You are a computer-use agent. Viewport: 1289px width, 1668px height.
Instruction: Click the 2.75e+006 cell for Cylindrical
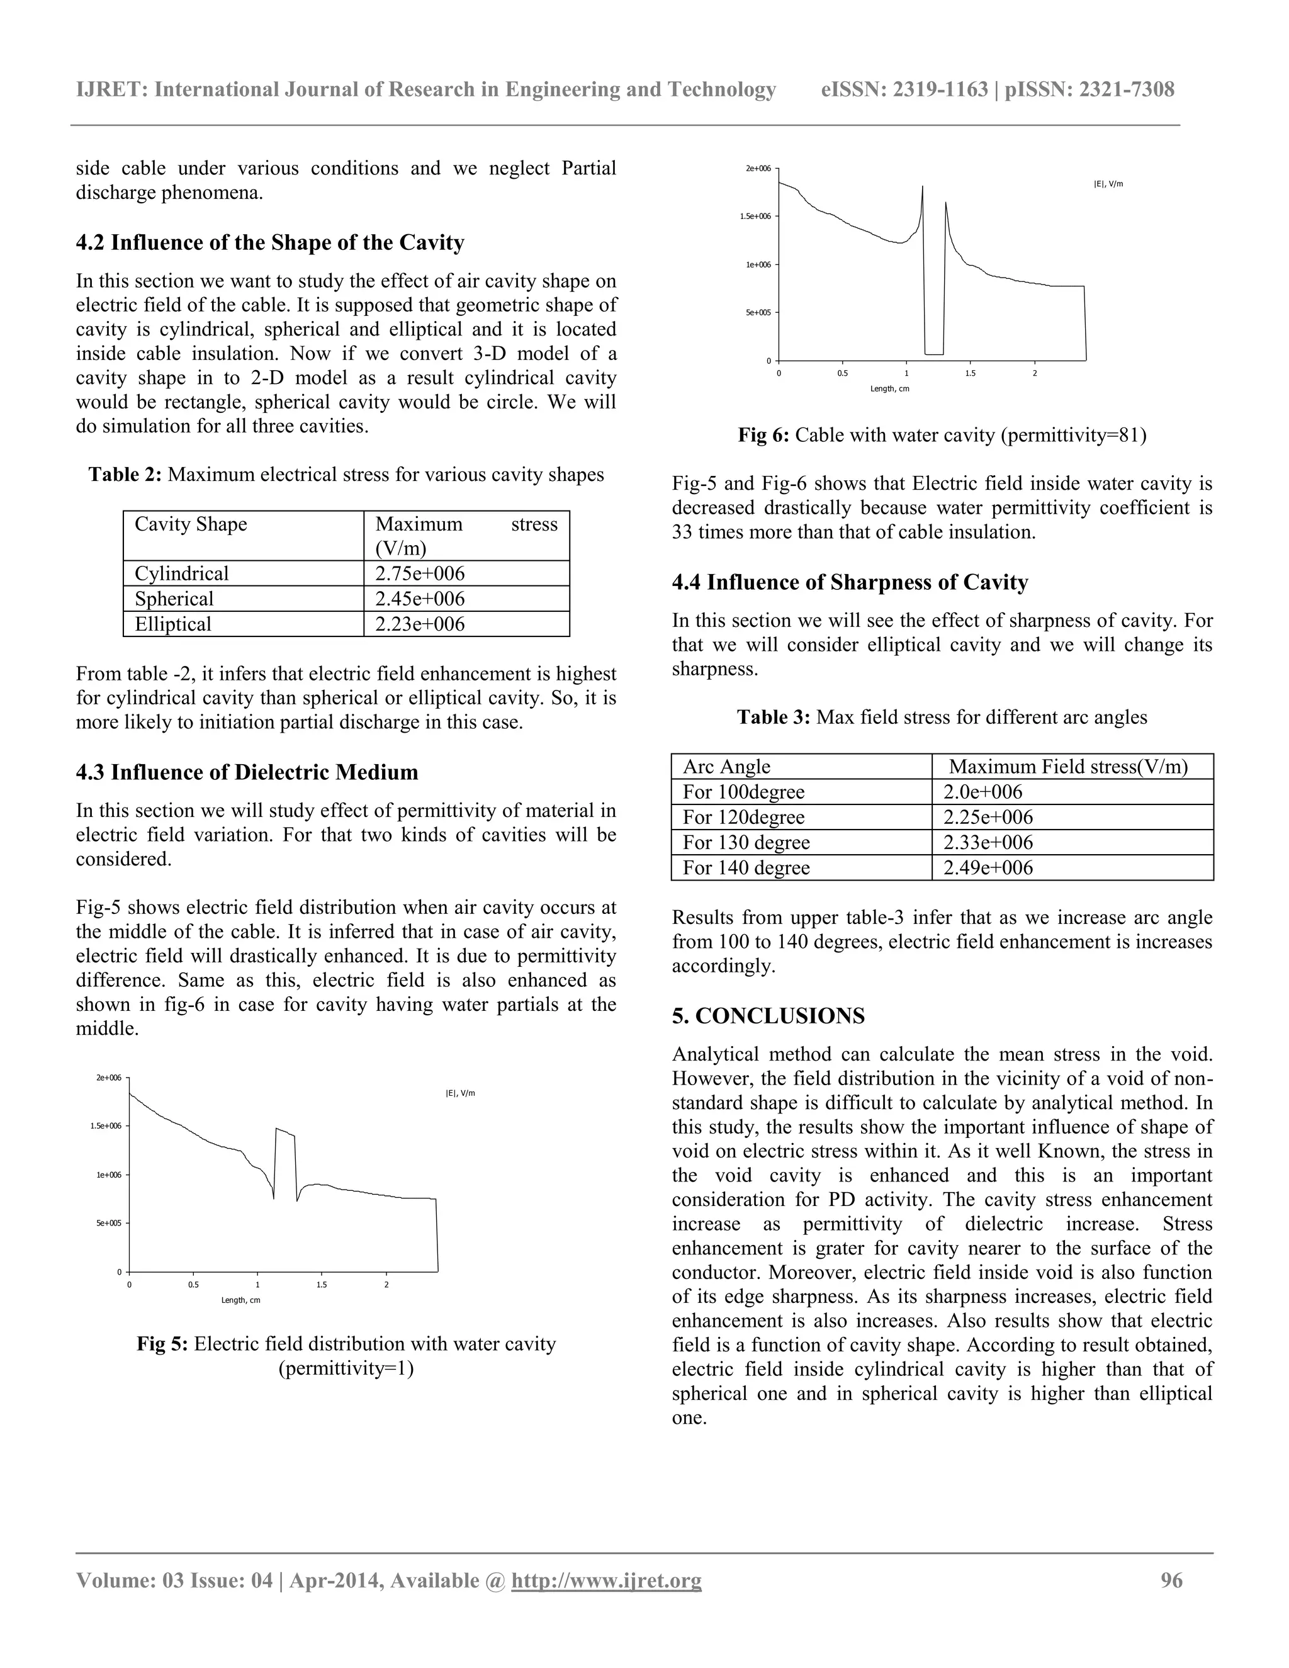[419, 573]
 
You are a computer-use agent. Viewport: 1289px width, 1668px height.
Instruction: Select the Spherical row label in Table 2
[174, 599]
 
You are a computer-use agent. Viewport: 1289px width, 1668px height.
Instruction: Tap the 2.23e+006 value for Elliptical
[419, 624]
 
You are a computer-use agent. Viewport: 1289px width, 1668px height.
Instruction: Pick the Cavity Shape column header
[191, 524]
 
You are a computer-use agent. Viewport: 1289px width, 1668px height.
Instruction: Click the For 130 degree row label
[746, 842]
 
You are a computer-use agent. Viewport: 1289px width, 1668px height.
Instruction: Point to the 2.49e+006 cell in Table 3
[988, 867]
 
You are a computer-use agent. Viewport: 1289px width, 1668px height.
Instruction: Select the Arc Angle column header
[726, 766]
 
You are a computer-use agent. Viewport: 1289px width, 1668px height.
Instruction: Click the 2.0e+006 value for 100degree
[982, 792]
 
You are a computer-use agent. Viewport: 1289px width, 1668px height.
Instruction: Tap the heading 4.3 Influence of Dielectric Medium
[247, 772]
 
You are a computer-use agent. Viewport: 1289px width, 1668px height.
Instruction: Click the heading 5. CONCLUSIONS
[768, 1016]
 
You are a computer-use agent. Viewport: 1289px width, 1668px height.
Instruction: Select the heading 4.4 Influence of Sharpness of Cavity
[850, 582]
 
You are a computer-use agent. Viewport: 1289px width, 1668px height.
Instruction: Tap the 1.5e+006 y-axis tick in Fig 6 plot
[755, 216]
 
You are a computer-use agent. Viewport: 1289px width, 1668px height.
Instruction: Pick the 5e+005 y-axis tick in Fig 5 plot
[108, 1223]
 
